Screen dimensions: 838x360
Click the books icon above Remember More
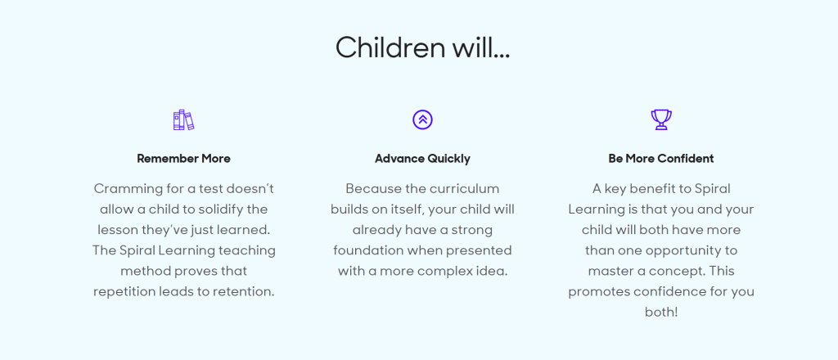(183, 119)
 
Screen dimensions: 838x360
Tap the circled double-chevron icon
(422, 119)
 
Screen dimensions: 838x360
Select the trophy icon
(661, 119)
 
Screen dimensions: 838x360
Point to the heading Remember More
(184, 159)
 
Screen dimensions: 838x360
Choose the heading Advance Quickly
(423, 159)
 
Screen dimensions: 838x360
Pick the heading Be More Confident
(661, 159)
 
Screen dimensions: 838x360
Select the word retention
(247, 292)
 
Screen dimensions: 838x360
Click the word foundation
(367, 250)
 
